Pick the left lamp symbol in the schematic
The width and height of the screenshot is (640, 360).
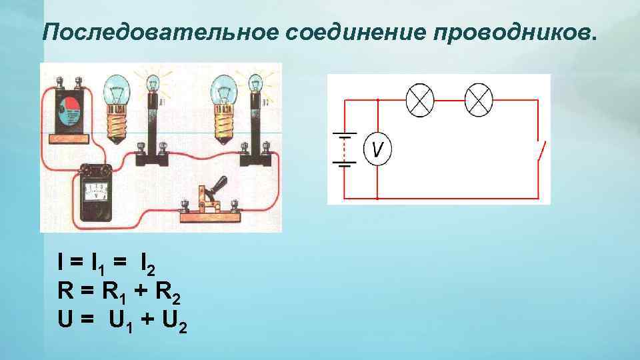pyautogui.click(x=420, y=101)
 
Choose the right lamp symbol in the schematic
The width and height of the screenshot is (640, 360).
pyautogui.click(x=478, y=101)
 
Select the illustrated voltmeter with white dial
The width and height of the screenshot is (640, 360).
pyautogui.click(x=97, y=192)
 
